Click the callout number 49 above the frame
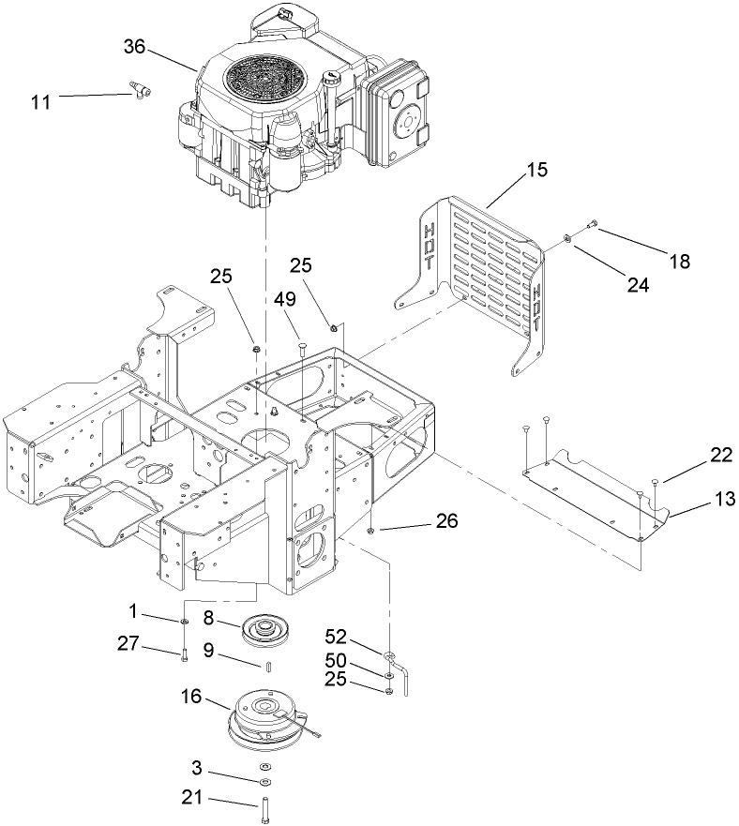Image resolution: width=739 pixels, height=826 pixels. [x=285, y=299]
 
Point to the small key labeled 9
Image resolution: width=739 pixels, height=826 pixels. [x=267, y=668]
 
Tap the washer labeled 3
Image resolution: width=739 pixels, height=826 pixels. [x=264, y=780]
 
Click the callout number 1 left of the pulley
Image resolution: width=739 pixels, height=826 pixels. [x=134, y=611]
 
